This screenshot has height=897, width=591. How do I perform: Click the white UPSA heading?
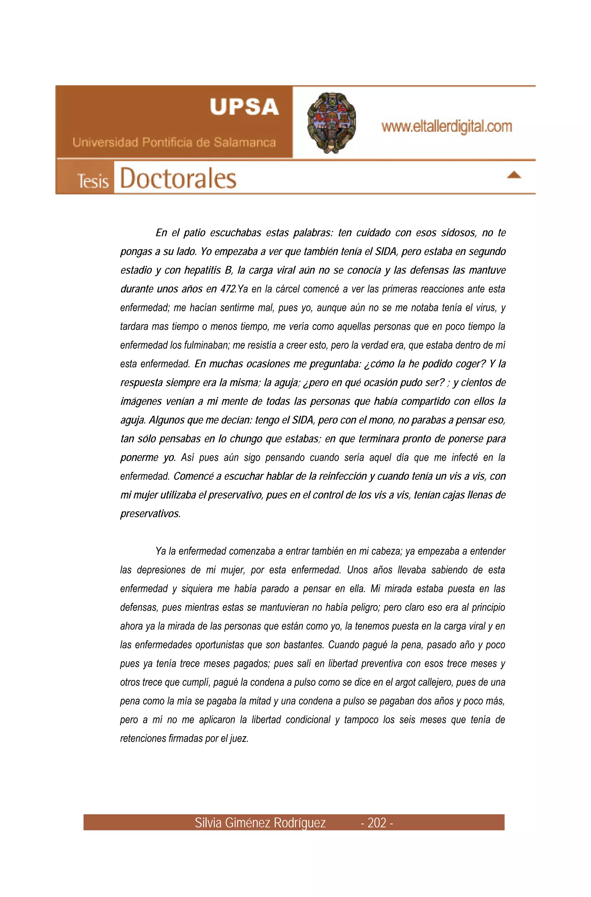pyautogui.click(x=244, y=107)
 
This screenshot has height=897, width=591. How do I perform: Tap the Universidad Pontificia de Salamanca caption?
pyautogui.click(x=174, y=143)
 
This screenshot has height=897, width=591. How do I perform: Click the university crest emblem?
pyautogui.click(x=331, y=122)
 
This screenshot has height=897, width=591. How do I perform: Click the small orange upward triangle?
pyautogui.click(x=514, y=175)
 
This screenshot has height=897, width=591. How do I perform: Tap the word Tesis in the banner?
pyautogui.click(x=93, y=181)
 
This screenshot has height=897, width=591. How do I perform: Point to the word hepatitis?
pyautogui.click(x=202, y=271)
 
